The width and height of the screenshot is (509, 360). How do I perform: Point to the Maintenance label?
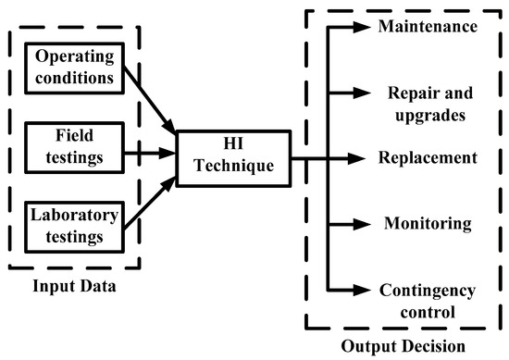(x=428, y=24)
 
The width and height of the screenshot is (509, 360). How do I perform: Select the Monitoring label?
(x=428, y=223)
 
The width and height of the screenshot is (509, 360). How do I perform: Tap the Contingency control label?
(x=428, y=301)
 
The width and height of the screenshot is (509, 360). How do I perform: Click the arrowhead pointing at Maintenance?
(x=362, y=25)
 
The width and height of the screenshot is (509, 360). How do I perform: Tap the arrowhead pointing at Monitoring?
(x=362, y=223)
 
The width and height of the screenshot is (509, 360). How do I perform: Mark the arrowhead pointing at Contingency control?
(x=362, y=290)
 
